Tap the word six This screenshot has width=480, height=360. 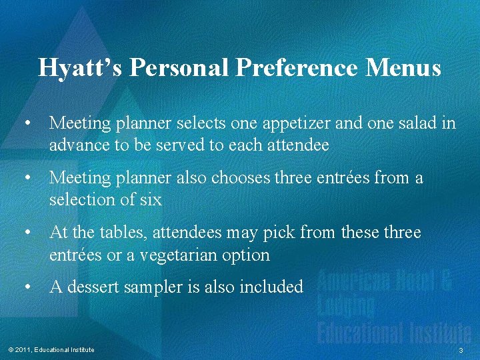click(x=150, y=199)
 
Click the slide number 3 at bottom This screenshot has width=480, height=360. click(x=461, y=351)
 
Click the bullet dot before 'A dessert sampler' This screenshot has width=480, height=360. click(x=27, y=287)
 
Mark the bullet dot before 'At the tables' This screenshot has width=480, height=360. click(x=27, y=233)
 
